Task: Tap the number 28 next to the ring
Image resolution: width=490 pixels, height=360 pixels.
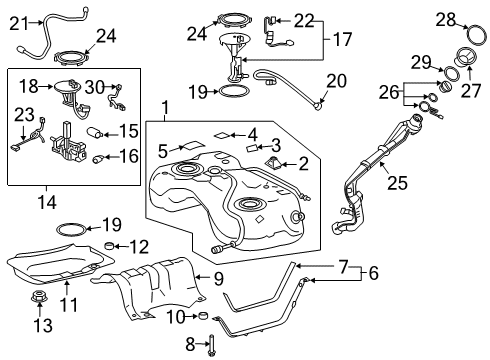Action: pos(445,17)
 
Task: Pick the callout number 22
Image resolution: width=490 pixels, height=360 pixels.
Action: pos(303,19)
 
